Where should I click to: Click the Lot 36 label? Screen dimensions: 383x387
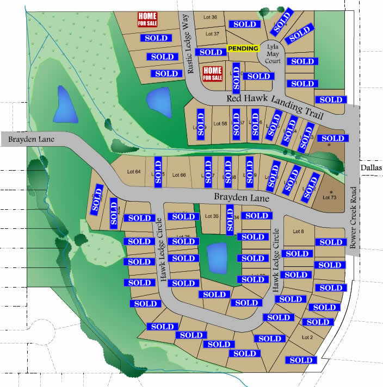[208, 18]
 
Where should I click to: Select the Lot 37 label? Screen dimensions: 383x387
[208, 34]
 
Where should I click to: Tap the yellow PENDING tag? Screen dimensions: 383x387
[243, 48]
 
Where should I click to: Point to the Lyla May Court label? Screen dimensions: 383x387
[272, 54]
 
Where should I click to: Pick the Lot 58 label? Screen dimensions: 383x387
[220, 123]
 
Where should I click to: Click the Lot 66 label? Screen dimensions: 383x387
[179, 175]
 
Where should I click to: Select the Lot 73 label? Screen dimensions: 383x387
[330, 197]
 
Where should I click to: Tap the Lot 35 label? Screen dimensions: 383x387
[212, 216]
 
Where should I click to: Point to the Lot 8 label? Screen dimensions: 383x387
[298, 232]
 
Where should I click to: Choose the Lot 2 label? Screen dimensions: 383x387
[307, 338]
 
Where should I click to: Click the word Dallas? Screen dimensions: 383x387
[372, 168]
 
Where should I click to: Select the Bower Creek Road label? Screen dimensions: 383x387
[354, 217]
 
